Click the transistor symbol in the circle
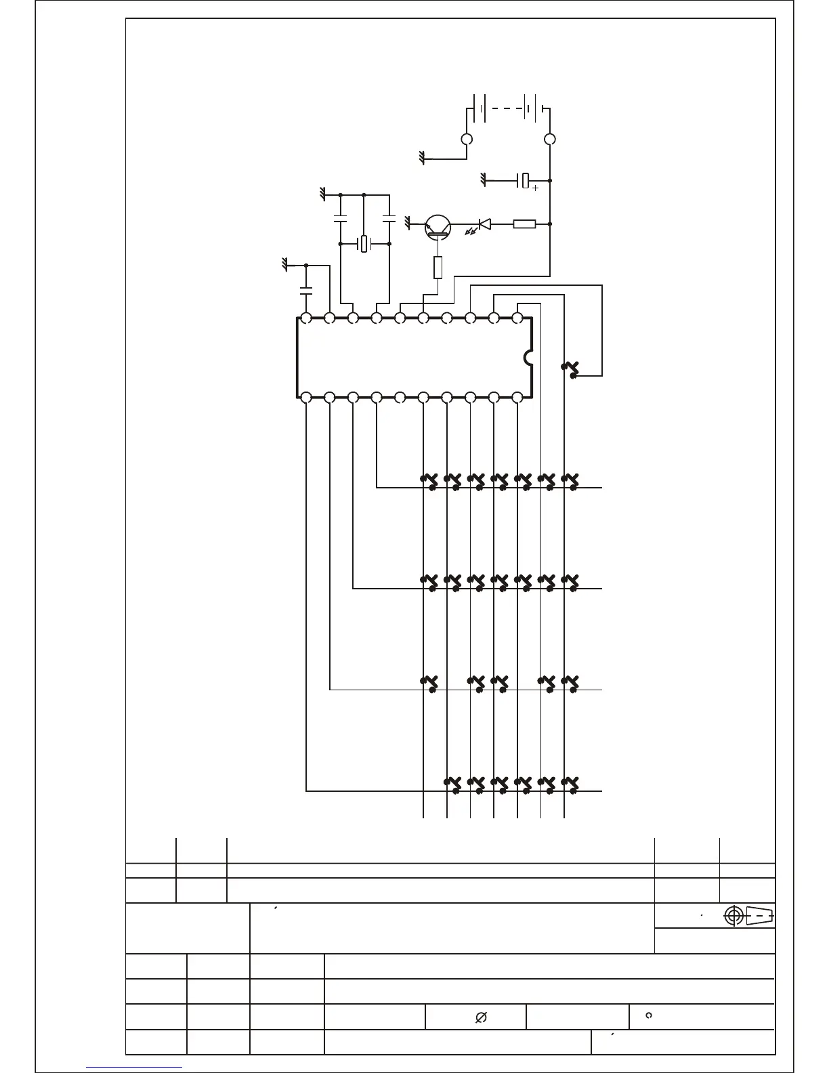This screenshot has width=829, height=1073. (438, 227)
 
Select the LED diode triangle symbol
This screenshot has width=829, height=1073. (484, 224)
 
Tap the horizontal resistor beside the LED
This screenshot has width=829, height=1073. (524, 224)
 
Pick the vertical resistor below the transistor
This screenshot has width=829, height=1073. (438, 268)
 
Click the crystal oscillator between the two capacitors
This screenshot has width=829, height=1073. (364, 243)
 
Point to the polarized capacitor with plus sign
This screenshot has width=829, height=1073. (524, 181)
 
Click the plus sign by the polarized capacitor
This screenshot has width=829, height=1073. (535, 188)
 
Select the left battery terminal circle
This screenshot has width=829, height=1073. (466, 140)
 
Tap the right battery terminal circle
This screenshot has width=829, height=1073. (550, 140)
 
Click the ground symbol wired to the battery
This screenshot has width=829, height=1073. (422, 159)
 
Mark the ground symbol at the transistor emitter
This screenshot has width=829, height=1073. (408, 222)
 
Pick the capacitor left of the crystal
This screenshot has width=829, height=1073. (340, 219)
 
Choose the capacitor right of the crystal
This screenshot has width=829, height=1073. (389, 219)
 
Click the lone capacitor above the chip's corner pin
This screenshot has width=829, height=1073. (306, 291)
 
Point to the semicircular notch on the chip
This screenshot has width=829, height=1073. (528, 357)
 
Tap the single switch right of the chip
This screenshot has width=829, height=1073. (571, 369)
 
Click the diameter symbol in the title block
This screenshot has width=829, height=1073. (482, 1017)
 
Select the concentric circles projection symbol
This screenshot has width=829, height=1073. (734, 916)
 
